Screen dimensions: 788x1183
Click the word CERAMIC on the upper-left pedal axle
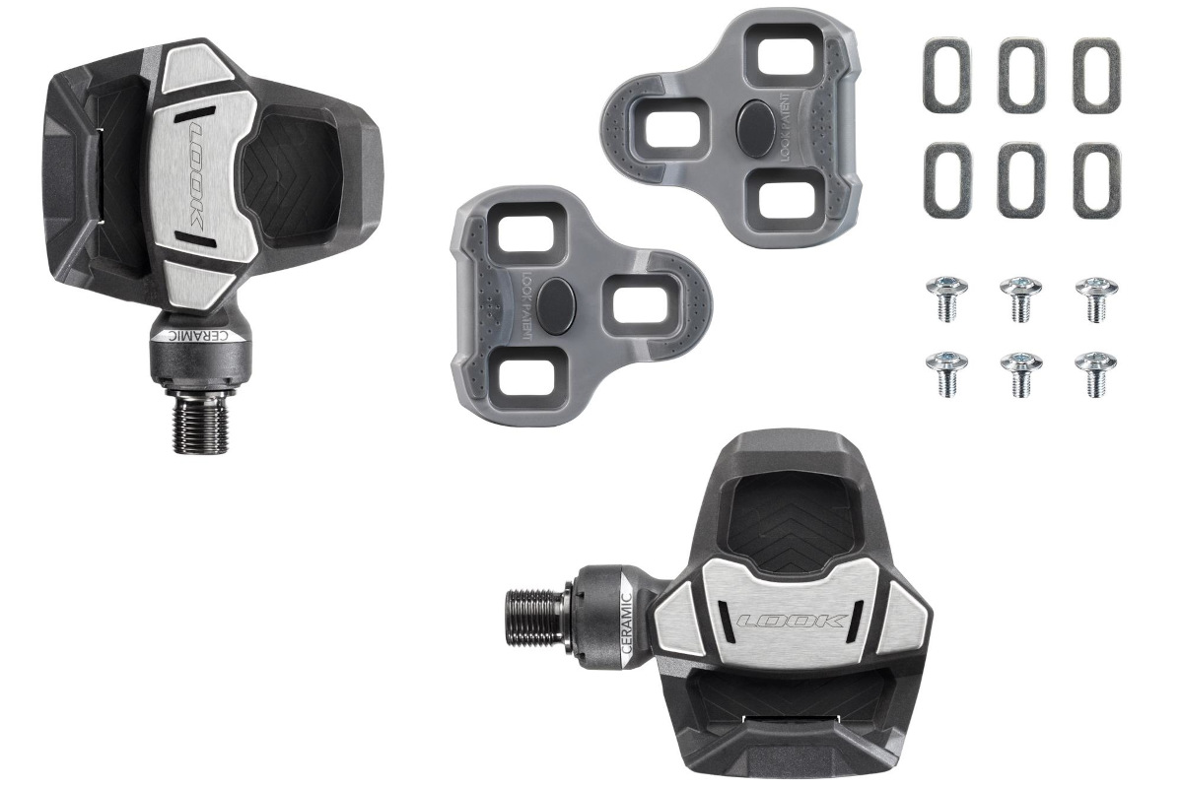coord(201,336)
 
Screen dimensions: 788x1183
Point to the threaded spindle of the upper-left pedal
coord(201,424)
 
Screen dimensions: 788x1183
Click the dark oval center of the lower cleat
coord(554,297)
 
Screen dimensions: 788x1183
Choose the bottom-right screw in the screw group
coord(1095,374)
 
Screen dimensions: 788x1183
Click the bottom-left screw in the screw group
coord(945,374)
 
